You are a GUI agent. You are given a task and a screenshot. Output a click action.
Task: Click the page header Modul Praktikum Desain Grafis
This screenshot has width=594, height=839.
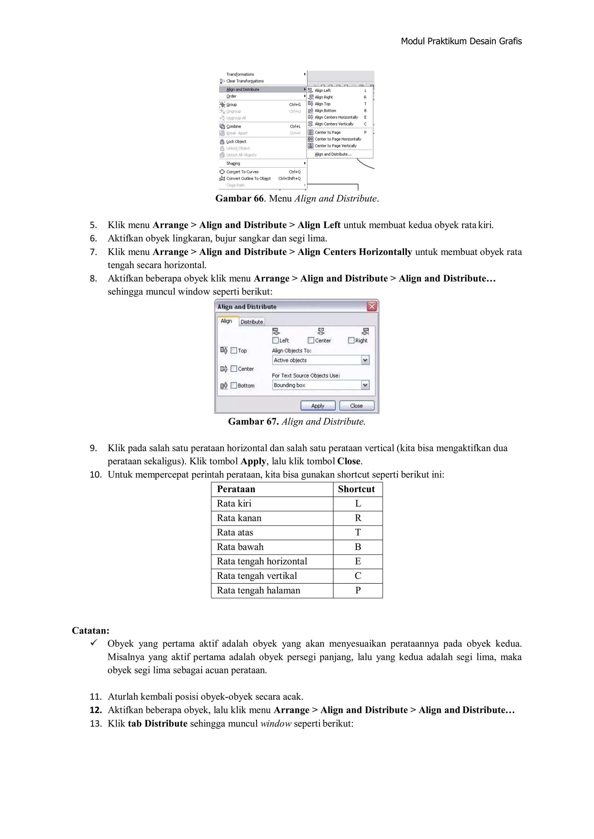tap(461, 41)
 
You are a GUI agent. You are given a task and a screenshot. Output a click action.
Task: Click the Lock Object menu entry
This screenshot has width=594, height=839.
tap(236, 142)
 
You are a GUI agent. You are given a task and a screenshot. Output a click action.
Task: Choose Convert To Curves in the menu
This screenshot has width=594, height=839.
tap(242, 172)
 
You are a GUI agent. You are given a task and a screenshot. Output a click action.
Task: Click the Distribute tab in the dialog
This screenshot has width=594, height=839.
tap(252, 322)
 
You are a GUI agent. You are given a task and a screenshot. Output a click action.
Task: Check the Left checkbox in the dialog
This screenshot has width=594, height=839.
tap(276, 341)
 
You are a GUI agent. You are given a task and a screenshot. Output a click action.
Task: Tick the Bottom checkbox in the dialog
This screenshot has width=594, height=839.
tap(234, 385)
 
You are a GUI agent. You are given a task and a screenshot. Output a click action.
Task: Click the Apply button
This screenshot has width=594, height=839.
tap(318, 406)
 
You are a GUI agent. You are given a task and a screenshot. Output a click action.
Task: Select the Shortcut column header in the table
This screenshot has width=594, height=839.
tap(356, 489)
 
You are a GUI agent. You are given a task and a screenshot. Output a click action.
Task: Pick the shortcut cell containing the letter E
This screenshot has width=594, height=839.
tap(358, 561)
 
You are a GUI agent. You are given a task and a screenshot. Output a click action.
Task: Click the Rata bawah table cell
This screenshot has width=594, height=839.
tap(240, 547)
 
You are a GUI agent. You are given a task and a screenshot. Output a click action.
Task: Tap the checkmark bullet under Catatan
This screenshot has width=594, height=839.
tap(94, 643)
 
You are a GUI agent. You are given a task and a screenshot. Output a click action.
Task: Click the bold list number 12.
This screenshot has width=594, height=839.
tap(96, 710)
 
